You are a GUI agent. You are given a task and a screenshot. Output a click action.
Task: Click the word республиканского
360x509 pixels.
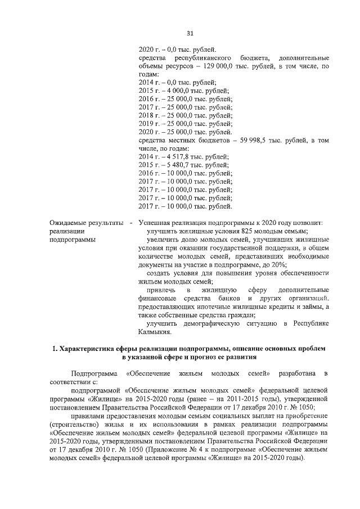click(204, 58)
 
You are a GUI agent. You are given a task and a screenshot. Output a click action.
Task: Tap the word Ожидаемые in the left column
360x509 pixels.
click(67, 223)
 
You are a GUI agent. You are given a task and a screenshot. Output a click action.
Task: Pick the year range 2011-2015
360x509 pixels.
click(252, 399)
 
